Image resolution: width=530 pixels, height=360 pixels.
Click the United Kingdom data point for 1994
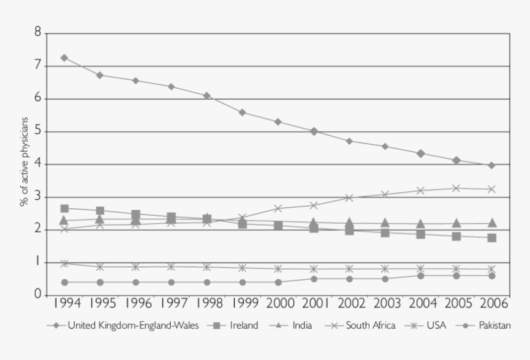tap(64, 57)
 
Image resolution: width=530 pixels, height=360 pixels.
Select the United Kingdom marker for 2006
tap(492, 165)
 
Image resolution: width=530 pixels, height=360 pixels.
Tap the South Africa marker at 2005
tap(456, 188)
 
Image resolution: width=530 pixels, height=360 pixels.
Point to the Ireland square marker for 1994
tap(64, 208)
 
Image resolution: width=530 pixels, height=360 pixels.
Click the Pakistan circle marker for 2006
tap(492, 276)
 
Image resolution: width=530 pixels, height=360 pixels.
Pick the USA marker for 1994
tap(64, 263)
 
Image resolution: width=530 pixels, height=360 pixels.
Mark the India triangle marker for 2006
tap(492, 223)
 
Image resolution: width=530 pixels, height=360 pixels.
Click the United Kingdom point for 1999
tap(242, 112)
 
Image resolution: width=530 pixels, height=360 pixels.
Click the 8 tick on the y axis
tap(38, 33)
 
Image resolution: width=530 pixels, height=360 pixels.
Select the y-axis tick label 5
tap(38, 131)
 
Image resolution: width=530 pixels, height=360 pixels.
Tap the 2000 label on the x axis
tap(278, 304)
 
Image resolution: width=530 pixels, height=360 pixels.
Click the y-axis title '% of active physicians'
tap(25, 164)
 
